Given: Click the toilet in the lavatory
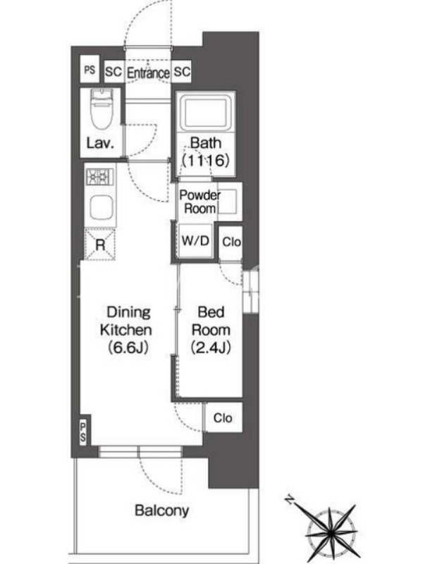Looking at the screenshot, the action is tap(101, 109).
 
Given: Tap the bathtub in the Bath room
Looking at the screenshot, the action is tap(205, 114).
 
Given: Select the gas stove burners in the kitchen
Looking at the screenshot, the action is tap(99, 177).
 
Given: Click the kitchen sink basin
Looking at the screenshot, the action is tap(101, 207).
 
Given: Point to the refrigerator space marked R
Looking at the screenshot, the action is tap(100, 245).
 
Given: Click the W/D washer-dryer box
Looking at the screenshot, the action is tap(195, 240).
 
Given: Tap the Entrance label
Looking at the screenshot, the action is tap(148, 73).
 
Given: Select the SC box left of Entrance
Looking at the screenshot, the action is tap(114, 72).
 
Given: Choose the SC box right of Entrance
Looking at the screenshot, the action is tap(182, 72).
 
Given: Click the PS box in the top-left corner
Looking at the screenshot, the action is tap(90, 69).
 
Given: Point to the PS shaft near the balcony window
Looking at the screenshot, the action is tap(83, 432).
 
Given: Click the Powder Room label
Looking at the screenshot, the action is tap(200, 202).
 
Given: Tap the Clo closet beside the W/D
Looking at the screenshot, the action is tap(231, 243).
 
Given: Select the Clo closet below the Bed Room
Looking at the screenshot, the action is tap(223, 417).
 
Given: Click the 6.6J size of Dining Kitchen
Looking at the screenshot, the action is tap(128, 348).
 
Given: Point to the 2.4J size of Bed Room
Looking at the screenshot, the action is tap(211, 348).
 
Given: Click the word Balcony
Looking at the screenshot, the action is tap(161, 510).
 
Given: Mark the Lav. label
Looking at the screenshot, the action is tap(100, 143).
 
